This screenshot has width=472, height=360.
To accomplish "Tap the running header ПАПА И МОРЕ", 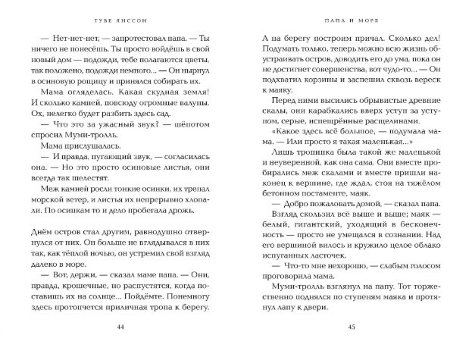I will [x=351, y=14].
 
